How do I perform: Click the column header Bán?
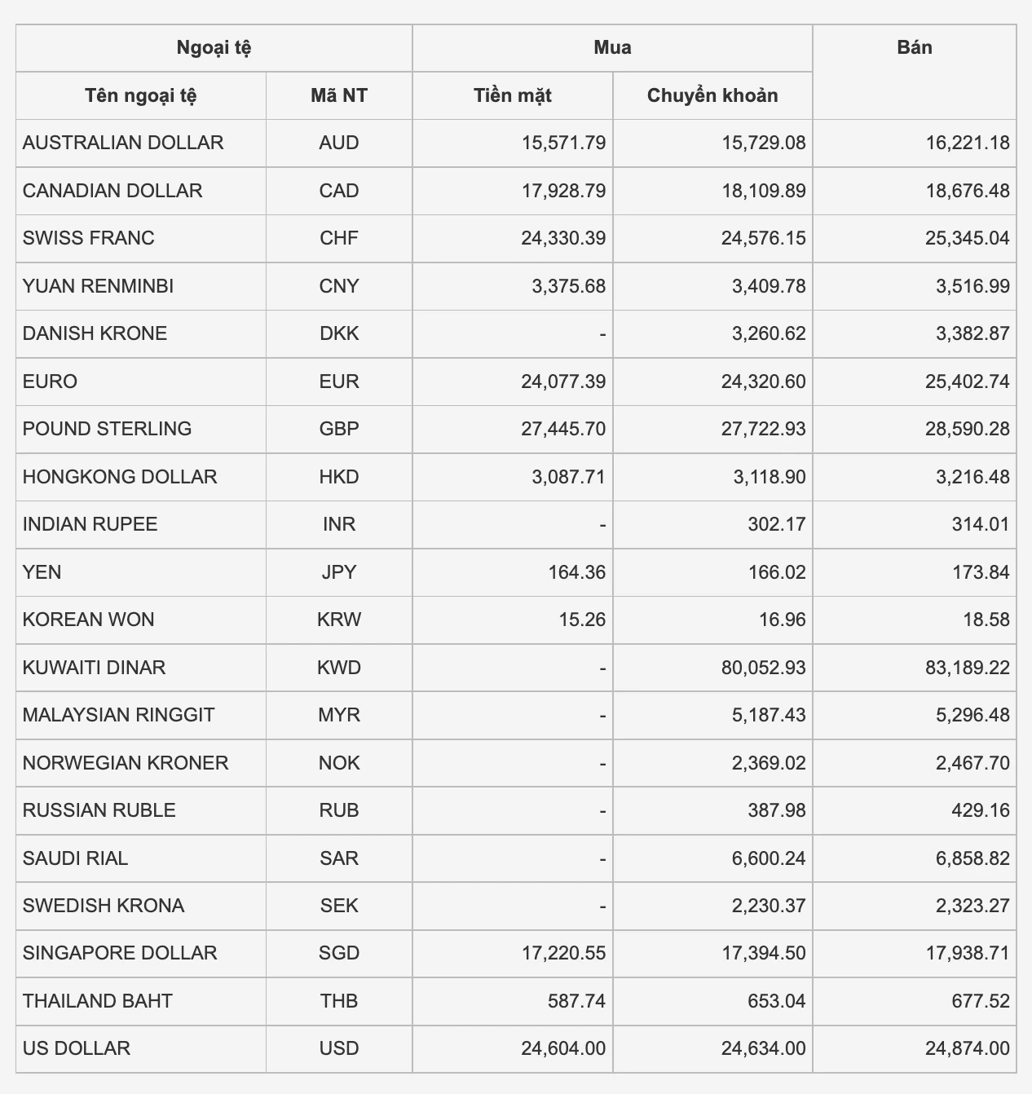click(914, 47)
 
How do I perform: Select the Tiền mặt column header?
click(512, 95)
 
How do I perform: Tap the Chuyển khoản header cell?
click(712, 95)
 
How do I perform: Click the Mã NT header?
click(338, 95)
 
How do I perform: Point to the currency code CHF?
click(338, 238)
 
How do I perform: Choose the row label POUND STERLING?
click(107, 429)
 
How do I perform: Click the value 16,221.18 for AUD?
click(967, 143)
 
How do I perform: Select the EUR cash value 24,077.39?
click(562, 382)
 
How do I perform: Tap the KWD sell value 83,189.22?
click(967, 668)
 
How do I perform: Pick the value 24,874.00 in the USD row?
click(967, 1048)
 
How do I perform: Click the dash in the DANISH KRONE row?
click(602, 334)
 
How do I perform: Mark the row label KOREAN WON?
click(88, 620)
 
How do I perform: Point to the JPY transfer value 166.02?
click(776, 572)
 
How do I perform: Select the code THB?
click(338, 1001)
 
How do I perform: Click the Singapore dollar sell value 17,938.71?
click(967, 953)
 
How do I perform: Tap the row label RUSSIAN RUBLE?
click(99, 810)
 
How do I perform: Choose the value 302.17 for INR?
click(776, 524)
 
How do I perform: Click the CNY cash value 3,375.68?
click(568, 286)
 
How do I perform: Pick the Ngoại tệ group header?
click(214, 47)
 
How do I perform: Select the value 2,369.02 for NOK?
click(769, 763)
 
